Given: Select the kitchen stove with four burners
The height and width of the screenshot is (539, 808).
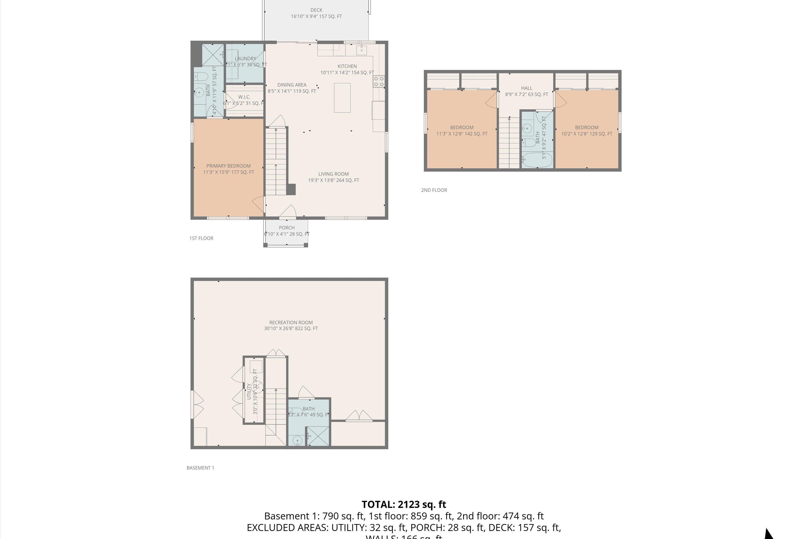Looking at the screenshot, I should coord(379,81).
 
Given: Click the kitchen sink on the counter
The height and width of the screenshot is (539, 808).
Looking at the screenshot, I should coord(361,50).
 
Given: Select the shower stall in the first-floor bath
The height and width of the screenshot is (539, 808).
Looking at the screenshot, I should coord(213,55).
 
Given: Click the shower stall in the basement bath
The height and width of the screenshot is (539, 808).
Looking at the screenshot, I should coord(318,437).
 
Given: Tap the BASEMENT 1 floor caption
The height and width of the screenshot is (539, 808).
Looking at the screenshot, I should coord(200,468).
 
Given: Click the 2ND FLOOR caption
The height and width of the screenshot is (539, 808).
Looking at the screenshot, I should coord(434,190).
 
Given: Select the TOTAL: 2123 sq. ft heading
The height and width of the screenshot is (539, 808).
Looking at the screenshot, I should coord(404,504).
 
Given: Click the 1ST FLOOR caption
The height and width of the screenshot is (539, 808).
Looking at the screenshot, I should coord(201,238).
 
